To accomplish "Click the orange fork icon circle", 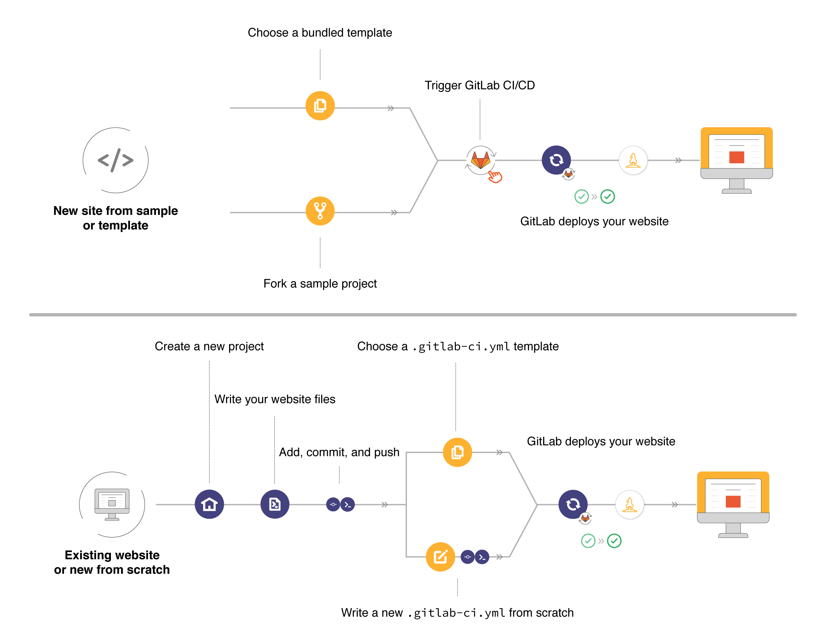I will click(320, 211).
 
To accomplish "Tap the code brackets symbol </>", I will click(116, 160).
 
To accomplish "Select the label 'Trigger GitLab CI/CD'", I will click(479, 85).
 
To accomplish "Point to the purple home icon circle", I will click(209, 504).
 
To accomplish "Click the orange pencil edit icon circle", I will click(440, 557).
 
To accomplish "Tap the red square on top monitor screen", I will click(736, 157).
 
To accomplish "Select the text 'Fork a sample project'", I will click(320, 283).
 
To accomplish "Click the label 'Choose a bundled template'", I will click(320, 33).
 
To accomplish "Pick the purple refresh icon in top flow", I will click(556, 160).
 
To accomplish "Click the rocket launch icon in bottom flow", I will click(629, 504).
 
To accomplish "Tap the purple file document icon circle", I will click(275, 504).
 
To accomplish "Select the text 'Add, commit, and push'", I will click(339, 452).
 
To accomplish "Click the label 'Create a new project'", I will click(209, 346).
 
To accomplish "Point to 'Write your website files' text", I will click(275, 399).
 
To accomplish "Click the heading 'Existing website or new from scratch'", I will click(112, 562).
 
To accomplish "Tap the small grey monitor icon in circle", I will click(112, 504).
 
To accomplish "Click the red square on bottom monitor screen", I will click(733, 501).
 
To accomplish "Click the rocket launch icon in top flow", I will click(633, 160).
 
